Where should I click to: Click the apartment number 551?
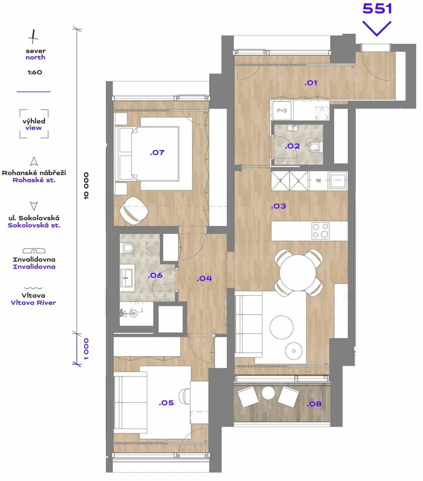click(377, 8)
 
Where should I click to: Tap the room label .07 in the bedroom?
click(157, 152)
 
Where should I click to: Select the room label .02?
click(292, 146)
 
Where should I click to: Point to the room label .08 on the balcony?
click(314, 404)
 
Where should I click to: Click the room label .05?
click(166, 403)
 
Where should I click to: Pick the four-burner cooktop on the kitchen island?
click(321, 231)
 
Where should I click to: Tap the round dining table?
click(297, 272)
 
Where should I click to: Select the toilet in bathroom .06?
click(128, 248)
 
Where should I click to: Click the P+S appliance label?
click(282, 110)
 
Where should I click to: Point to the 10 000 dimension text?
click(86, 186)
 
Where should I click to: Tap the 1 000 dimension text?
click(86, 349)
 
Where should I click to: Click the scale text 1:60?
click(35, 72)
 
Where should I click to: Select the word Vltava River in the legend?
click(33, 303)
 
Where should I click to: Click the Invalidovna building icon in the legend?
click(34, 250)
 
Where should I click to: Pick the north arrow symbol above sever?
click(33, 36)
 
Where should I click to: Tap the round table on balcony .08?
click(269, 393)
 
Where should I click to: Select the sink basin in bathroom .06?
click(126, 278)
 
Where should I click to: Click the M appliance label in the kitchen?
click(319, 181)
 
